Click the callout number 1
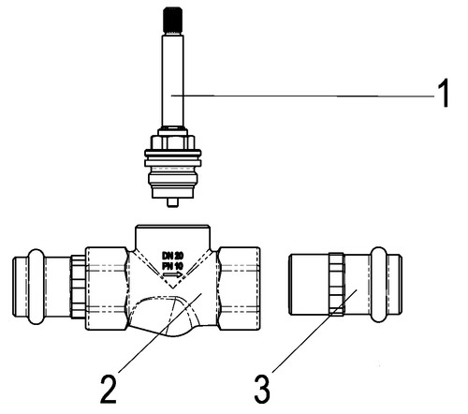pyautogui.click(x=443, y=94)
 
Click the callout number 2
pyautogui.click(x=109, y=389)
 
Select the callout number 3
pyautogui.click(x=262, y=389)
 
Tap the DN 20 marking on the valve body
pyautogui.click(x=172, y=256)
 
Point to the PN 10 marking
pyautogui.click(x=172, y=266)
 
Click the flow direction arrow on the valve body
pyautogui.click(x=172, y=274)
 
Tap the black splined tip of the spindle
pyautogui.click(x=172, y=20)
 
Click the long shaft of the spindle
pyautogui.click(x=172, y=81)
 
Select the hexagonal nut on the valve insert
pyautogui.click(x=172, y=141)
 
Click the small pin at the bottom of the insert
pyautogui.click(x=172, y=202)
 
